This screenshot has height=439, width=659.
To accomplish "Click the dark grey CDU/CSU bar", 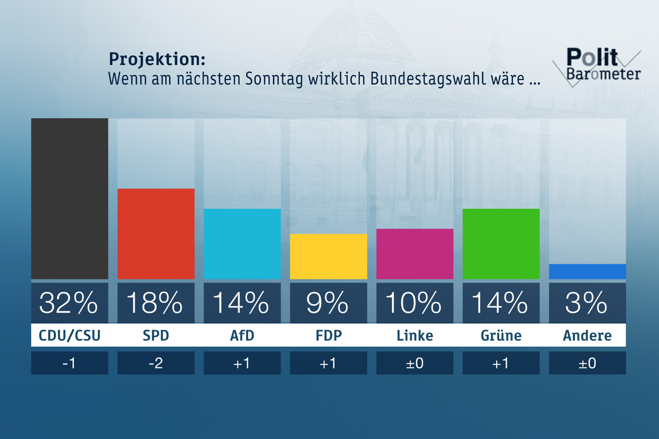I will point(70,199).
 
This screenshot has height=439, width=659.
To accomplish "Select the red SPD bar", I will point(156,234).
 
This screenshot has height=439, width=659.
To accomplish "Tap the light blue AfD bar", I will point(242,244).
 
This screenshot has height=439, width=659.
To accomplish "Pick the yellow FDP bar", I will point(328,256).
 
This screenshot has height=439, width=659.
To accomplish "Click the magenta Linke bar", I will point(415,254).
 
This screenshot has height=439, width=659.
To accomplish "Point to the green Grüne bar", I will point(501,244).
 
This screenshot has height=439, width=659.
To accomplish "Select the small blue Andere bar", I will point(587,272).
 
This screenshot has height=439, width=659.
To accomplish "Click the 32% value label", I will point(69,303).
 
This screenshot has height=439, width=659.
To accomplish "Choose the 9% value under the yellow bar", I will point(328,303).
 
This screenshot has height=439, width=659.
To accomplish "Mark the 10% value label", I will point(414,303).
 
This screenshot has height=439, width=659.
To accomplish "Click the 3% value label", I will point(586,303).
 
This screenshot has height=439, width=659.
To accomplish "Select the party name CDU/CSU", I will point(70,335).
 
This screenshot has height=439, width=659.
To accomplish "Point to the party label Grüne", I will point(501,335).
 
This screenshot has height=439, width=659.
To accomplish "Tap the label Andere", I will point(587,335).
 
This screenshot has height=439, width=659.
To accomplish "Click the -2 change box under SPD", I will point(156,363).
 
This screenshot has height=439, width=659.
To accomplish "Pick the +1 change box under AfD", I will point(242,363).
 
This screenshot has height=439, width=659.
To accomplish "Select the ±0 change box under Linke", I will point(415,363).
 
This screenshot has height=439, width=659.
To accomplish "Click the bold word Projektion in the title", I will point(157,59).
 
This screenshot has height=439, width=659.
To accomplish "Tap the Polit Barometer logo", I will point(599,66).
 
